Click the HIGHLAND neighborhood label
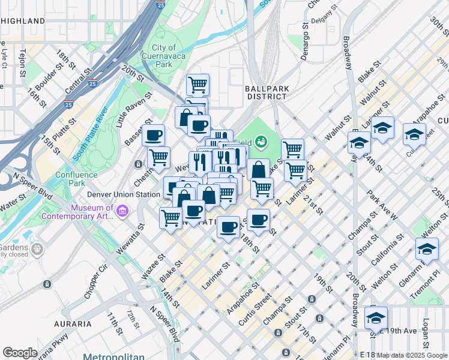[x=23, y=21]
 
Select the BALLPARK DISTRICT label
[x=267, y=92]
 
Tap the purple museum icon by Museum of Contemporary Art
[x=123, y=211]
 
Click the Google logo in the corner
[x=20, y=353]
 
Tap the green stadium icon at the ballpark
[x=261, y=142]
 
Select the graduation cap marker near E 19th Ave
[x=376, y=317]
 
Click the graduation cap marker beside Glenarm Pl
[x=427, y=248]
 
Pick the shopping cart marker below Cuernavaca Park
[x=197, y=84]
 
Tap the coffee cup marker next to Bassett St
[x=154, y=135]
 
